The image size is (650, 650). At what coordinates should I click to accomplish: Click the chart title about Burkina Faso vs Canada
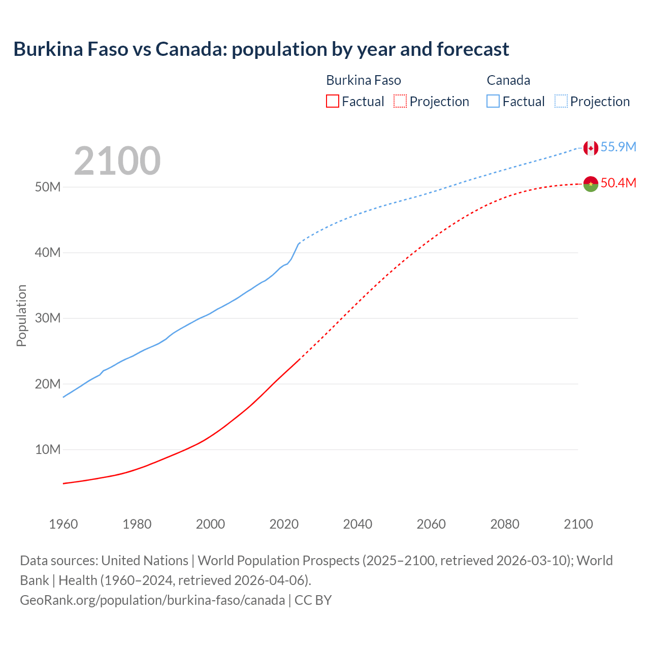coord(261,49)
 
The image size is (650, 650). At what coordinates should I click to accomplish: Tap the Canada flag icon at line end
coord(591,148)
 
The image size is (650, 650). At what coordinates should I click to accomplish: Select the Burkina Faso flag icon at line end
coord(591,184)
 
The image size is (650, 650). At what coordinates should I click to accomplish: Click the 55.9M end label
coord(618,147)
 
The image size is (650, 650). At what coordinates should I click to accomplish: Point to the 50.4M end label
coord(618,183)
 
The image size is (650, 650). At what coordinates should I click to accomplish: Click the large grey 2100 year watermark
coord(117,161)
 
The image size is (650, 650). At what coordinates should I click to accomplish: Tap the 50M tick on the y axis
coord(48,187)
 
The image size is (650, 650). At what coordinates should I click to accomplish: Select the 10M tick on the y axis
coord(48,449)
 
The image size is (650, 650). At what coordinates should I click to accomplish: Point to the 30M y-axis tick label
coord(48,318)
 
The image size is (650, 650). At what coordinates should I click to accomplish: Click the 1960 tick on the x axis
coord(63,524)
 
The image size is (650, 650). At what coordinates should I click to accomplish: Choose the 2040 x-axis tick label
coord(357,524)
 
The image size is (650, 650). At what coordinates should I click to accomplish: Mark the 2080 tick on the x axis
coord(505,524)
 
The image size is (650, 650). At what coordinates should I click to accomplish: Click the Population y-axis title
coord(21,315)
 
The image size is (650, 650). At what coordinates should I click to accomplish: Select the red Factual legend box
coord(332,101)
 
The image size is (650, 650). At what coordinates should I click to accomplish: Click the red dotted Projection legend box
coord(400,101)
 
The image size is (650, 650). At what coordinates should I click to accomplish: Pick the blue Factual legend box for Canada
coord(493,101)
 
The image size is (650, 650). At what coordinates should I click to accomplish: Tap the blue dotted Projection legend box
coord(561,101)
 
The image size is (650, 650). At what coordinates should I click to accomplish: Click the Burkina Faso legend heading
coord(364,80)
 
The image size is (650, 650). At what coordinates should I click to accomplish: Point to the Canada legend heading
coord(508,80)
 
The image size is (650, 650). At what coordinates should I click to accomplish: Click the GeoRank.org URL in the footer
coord(152,600)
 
